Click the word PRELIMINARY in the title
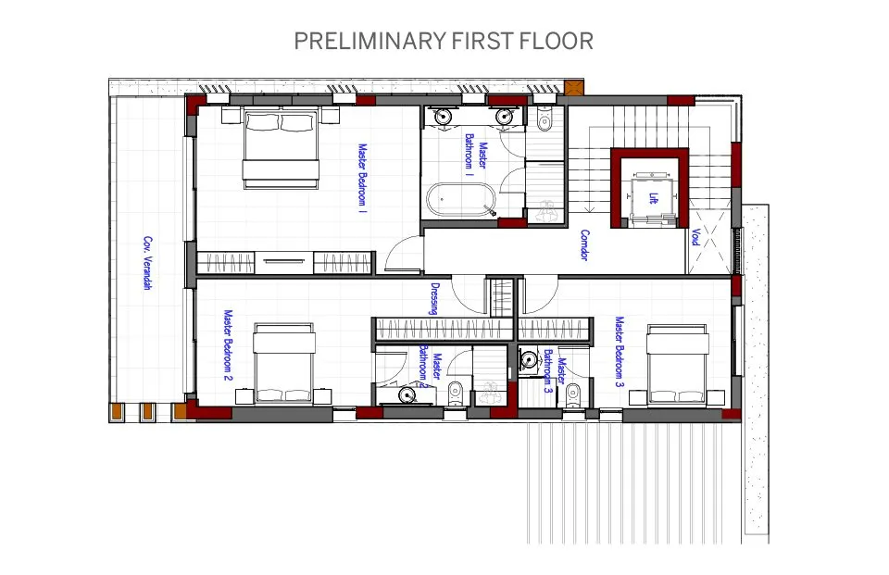coord(369,42)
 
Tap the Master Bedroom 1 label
coord(363,178)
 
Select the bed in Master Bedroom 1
coord(281,148)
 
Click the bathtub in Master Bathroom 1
coord(461,199)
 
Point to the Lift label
coord(654,198)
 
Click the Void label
coord(695,237)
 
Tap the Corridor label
coord(584,245)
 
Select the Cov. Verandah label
coord(147,263)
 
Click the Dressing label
coord(435,299)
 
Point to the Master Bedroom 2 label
coord(229,345)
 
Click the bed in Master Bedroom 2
coord(283,364)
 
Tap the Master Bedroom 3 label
coord(620,352)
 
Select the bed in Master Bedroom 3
coord(678,365)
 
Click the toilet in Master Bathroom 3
coord(573,395)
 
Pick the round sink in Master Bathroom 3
coord(529,359)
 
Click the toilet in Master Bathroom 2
coord(455,394)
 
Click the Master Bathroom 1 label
coord(476,156)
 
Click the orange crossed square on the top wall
coord(574,88)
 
